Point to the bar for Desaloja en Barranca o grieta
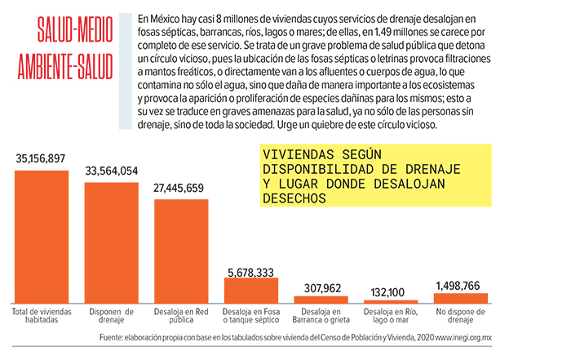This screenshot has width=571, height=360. point(321,300)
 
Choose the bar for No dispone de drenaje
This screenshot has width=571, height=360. point(461,298)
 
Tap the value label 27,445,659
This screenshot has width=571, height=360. point(181,188)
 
